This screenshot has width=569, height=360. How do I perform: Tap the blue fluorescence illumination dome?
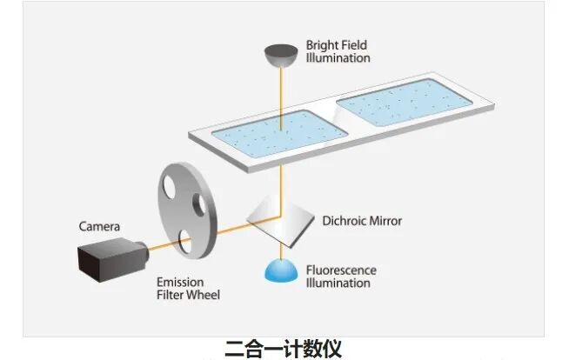[x=279, y=270]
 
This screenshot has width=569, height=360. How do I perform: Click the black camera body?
[x=105, y=258]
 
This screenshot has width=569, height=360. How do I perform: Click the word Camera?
[x=99, y=227]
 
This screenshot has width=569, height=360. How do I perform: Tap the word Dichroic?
[x=343, y=221]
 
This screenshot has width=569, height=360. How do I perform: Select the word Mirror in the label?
[x=385, y=221]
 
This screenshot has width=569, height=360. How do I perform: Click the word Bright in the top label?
[x=323, y=45]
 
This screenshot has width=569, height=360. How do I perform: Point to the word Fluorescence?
[x=341, y=270]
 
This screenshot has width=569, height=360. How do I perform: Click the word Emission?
[x=180, y=283]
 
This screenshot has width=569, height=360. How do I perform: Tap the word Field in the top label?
[x=357, y=45]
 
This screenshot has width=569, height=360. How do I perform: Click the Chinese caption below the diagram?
[x=284, y=350]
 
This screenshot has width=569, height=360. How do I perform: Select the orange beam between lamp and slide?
[x=279, y=96]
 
